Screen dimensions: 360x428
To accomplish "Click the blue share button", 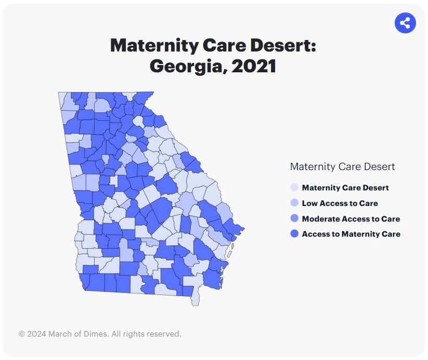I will tap(406, 23).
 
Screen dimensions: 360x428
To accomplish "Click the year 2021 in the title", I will tap(252, 67).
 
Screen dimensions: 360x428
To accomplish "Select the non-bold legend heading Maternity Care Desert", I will tap(342, 167).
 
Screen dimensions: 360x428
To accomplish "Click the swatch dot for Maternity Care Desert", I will tap(294, 188).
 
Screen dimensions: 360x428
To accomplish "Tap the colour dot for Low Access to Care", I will tap(294, 203).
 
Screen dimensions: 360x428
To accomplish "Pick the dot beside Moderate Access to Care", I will tap(294, 219).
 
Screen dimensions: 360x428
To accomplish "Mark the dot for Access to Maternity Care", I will tap(294, 234).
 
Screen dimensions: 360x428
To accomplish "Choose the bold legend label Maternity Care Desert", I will tap(345, 188).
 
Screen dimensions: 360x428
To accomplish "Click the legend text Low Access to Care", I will tap(340, 203).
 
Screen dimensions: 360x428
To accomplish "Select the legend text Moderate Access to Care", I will tap(351, 219).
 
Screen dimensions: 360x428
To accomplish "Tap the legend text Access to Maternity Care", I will tap(351, 234).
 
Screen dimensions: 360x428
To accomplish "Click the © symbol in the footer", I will tap(22, 334).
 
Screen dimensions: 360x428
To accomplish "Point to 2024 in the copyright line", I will tap(37, 334).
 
